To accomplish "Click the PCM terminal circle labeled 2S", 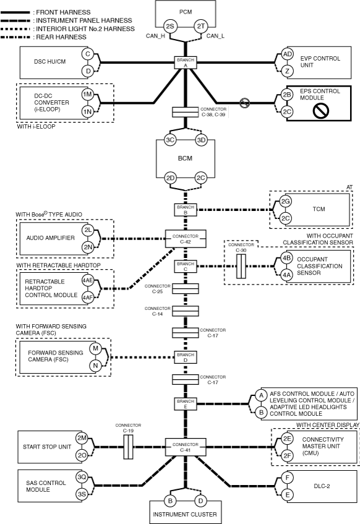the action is tap(170, 26).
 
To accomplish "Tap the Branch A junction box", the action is tap(186, 62).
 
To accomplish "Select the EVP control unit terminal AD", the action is tap(287, 54).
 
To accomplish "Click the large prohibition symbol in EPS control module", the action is tap(321, 110).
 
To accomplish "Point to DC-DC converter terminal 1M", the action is tap(87, 95).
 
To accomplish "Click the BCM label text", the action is tap(185, 158).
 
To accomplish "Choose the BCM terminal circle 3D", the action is tap(201, 140).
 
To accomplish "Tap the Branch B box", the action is tap(186, 210).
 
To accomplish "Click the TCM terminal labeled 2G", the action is tap(285, 202).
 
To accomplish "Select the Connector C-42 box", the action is tap(186, 239).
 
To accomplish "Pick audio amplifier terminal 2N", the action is tap(88, 247).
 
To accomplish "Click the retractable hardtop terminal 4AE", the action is tap(88, 280).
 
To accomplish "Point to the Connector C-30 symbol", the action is tap(241, 266).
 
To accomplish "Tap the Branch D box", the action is tap(186, 357).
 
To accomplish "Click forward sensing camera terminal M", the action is tap(95, 348).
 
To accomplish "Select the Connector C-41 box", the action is tap(186, 447).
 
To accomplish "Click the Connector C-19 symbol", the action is tap(128, 447).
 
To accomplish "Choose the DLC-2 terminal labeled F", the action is tap(287, 478).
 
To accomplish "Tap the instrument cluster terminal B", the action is tap(170, 500).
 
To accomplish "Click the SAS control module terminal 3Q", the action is tap(82, 477).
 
